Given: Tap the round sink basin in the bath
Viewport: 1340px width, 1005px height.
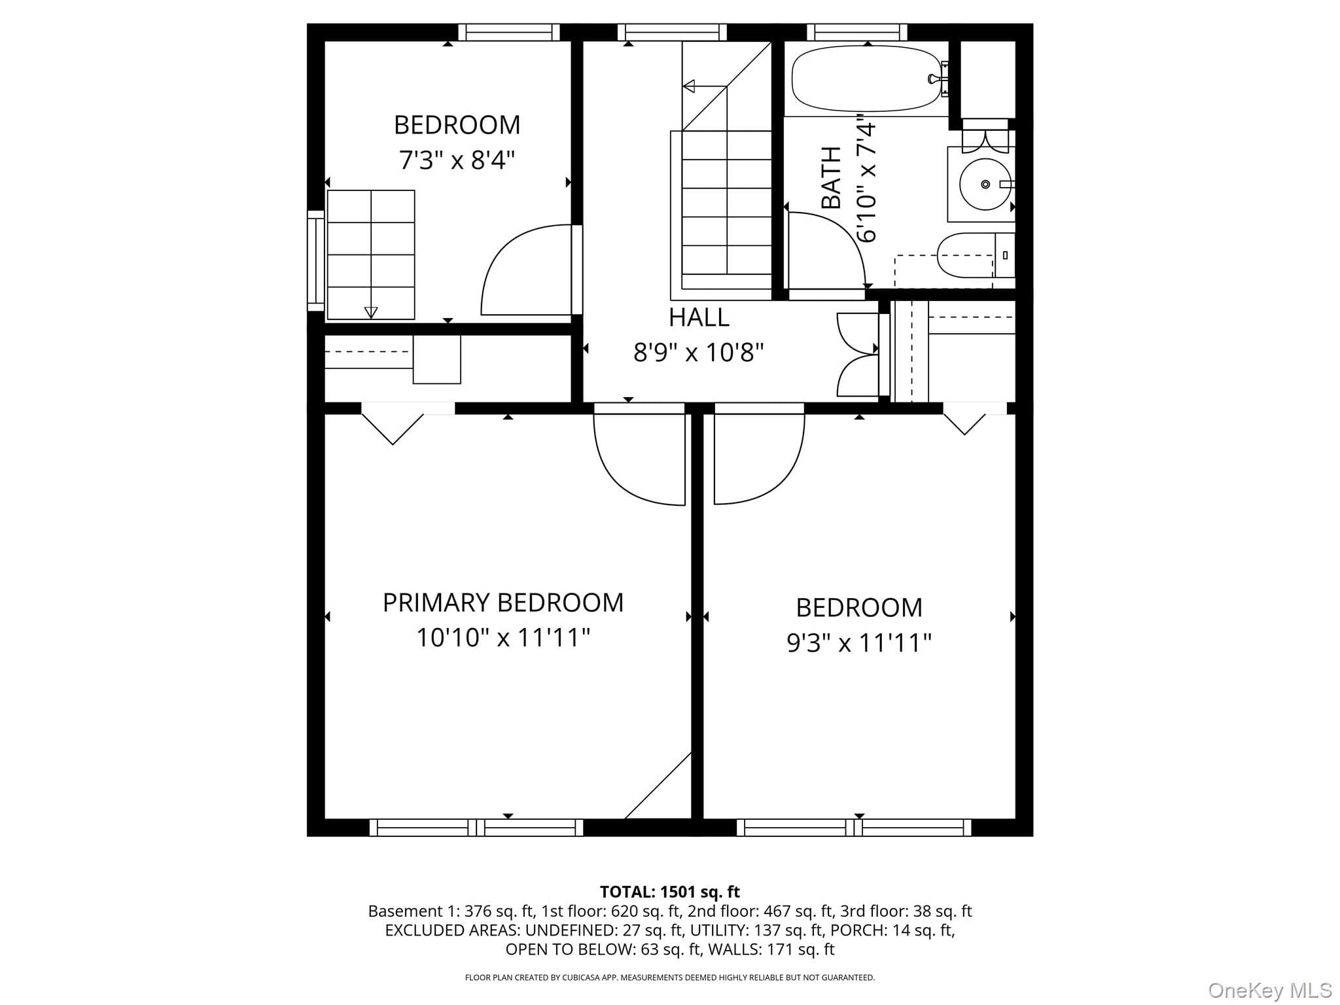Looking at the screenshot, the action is [985, 185].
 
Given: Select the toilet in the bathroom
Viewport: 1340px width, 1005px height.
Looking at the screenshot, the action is [976, 255].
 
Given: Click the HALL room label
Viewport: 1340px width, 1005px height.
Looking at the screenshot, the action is [699, 317].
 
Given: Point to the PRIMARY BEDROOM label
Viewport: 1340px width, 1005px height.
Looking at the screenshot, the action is [503, 603].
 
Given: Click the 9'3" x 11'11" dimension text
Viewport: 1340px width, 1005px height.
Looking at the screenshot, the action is [858, 643].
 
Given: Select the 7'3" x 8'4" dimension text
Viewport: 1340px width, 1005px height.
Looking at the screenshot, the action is [457, 160].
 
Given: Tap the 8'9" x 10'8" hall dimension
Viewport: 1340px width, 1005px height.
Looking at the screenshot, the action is [699, 353].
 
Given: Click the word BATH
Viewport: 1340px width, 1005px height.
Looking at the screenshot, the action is [831, 178].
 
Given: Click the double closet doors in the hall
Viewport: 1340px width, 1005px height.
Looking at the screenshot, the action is [858, 354].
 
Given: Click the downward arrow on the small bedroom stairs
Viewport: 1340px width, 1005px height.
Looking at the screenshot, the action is [371, 311].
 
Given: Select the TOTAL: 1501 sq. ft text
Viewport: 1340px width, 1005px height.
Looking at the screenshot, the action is [670, 892].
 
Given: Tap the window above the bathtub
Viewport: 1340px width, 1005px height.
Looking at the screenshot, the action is [857, 32].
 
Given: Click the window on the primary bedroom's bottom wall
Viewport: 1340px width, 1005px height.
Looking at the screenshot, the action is [476, 828].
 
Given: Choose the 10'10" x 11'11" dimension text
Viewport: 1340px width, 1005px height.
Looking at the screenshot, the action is [503, 637].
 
